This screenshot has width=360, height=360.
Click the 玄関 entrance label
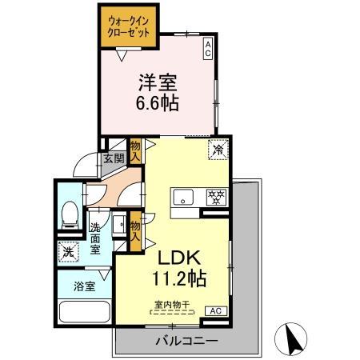pyautogui.click(x=112, y=158)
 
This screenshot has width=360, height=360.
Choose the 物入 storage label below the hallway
pyautogui.click(x=135, y=230)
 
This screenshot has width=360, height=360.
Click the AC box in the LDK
pyautogui.click(x=214, y=310)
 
